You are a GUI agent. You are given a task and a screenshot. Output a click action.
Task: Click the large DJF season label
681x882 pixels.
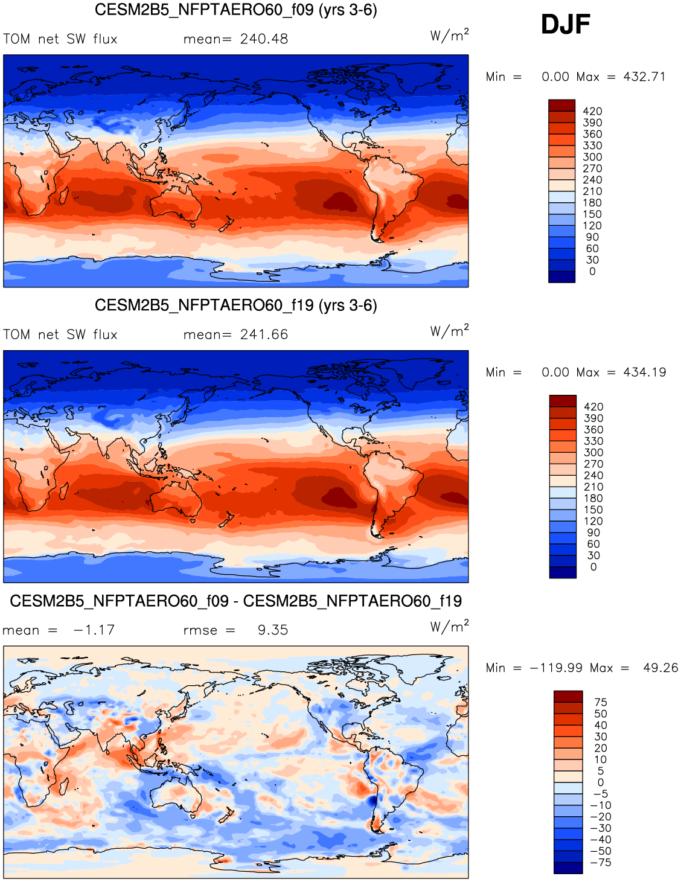(x=565, y=25)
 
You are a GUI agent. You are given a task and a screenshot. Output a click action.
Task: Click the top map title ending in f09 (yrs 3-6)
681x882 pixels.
(x=235, y=10)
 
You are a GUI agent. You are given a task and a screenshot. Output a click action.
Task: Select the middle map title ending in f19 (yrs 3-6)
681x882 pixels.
(x=235, y=305)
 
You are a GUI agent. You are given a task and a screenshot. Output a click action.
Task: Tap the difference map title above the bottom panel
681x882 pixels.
(x=235, y=601)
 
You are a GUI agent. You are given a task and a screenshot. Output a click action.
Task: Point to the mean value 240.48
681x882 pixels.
(x=264, y=39)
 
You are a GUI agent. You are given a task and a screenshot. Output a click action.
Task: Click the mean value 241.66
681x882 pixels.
(x=264, y=335)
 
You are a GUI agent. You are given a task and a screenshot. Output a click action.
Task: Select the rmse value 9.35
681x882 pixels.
(x=273, y=630)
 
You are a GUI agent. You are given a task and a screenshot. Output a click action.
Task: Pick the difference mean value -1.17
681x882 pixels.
(x=94, y=630)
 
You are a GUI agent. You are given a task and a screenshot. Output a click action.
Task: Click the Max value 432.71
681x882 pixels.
(x=644, y=77)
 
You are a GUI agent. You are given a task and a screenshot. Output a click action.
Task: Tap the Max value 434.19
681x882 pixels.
(x=645, y=372)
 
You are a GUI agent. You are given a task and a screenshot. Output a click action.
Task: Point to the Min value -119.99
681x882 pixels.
(x=556, y=668)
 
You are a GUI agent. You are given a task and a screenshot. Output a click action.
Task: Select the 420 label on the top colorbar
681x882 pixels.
(x=592, y=111)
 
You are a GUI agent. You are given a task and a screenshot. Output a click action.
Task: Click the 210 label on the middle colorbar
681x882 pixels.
(x=593, y=487)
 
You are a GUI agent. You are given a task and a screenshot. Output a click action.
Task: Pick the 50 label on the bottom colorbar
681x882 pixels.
(x=600, y=714)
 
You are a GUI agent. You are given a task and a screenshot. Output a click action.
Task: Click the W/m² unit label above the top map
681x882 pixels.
(x=449, y=35)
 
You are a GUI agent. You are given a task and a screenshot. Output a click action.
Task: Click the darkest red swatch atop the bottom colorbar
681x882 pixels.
(x=568, y=696)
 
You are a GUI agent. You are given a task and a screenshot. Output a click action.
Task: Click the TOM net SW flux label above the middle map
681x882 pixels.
(x=60, y=335)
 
